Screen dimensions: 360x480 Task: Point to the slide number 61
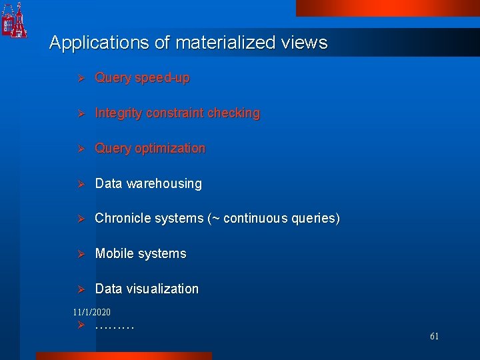click(434, 337)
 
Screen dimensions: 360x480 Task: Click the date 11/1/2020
click(92, 312)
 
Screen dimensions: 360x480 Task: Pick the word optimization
click(170, 149)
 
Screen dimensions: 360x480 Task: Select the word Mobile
click(113, 254)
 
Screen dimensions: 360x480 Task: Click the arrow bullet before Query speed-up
click(79, 79)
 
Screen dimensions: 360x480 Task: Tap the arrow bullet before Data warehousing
click(79, 184)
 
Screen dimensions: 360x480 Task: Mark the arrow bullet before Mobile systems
click(79, 254)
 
